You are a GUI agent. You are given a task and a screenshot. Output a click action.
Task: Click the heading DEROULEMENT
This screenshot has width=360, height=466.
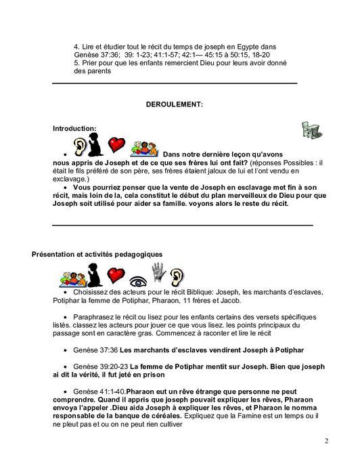[x=175, y=104]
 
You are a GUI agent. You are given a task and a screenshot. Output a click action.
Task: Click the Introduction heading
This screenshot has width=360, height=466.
[x=74, y=128]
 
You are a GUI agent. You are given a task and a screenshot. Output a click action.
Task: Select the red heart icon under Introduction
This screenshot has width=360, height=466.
[x=117, y=145]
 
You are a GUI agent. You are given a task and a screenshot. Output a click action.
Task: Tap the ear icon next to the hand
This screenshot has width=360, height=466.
[x=177, y=276]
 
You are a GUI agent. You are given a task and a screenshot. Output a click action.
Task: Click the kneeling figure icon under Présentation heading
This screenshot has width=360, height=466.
[x=94, y=274]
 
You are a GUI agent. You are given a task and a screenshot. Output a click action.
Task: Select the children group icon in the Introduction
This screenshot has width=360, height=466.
[x=143, y=147]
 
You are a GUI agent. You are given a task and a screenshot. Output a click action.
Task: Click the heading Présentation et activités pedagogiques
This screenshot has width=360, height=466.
[x=97, y=254]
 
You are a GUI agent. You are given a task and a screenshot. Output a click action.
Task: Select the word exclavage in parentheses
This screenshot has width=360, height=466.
[x=70, y=178]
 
